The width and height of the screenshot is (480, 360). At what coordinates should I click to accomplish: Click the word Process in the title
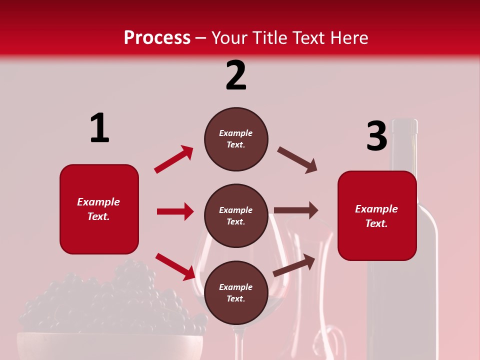coord(157,37)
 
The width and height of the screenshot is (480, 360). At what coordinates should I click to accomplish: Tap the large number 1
coord(99,128)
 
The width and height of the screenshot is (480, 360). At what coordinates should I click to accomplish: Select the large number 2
coord(236,75)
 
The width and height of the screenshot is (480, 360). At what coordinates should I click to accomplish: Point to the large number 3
coord(376,136)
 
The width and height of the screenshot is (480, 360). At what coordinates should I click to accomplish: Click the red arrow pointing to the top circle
coord(174,159)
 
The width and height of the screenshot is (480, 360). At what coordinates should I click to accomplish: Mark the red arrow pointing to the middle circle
coord(175,211)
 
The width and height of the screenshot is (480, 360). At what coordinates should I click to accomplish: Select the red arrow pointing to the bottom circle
coord(175,266)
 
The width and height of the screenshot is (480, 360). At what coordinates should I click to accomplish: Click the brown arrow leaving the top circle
coord(297,160)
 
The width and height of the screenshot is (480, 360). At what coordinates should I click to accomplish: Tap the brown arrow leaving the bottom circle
coord(294,265)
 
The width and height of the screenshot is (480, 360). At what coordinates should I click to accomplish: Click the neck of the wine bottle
coord(404,150)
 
